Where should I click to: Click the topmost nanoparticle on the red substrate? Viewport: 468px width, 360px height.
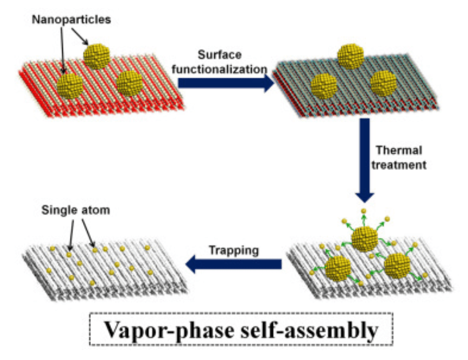click(97, 56)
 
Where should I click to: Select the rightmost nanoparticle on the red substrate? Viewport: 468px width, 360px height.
click(129, 83)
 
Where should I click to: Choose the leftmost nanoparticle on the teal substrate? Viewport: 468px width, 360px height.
click(324, 86)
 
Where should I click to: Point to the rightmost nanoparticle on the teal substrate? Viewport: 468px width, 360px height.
click(383, 83)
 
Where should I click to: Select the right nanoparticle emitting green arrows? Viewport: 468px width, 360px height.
click(397, 266)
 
